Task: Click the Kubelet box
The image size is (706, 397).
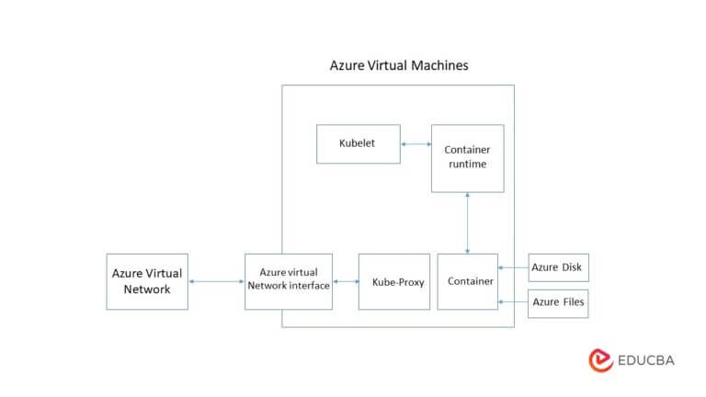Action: [359, 144]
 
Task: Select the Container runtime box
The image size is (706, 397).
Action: [467, 158]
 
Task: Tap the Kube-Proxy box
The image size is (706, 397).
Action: [394, 282]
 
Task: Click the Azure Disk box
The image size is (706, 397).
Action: [558, 267]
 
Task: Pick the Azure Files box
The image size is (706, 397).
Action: [558, 304]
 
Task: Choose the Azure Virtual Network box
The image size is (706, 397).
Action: [147, 282]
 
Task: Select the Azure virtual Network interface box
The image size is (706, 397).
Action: [289, 282]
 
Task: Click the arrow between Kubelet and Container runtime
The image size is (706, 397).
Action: [416, 144]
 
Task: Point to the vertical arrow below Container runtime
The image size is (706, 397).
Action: [467, 223]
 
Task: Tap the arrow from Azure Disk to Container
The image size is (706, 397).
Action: [513, 267]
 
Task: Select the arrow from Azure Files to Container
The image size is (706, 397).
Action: [513, 301]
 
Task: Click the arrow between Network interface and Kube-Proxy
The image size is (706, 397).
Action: [346, 282]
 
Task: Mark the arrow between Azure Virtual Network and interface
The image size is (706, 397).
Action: [217, 282]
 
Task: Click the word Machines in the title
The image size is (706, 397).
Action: [439, 66]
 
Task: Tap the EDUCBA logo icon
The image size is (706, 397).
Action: [600, 360]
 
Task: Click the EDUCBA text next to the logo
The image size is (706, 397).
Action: [646, 360]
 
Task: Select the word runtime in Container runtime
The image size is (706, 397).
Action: [467, 164]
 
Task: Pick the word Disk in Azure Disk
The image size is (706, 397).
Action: [572, 267]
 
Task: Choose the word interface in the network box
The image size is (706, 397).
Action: [309, 286]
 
